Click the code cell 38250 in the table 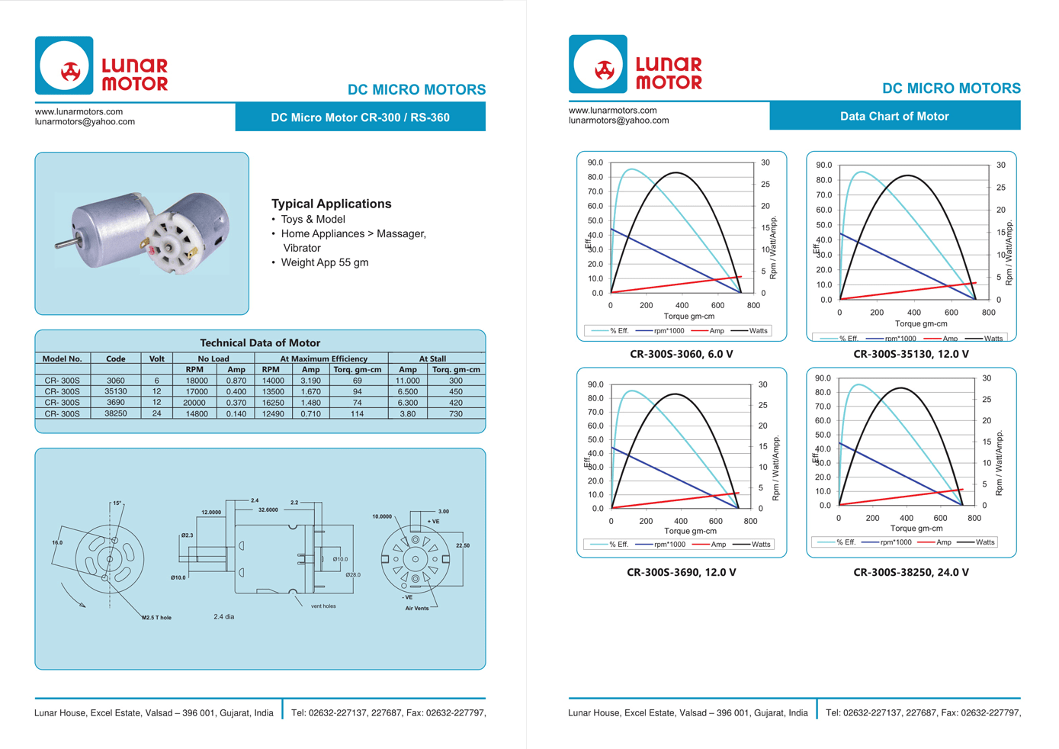pyautogui.click(x=115, y=413)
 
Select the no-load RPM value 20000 pyautogui.click(x=194, y=403)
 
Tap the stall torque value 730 pyautogui.click(x=455, y=413)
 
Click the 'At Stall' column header pyautogui.click(x=432, y=358)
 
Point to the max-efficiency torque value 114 pyautogui.click(x=357, y=413)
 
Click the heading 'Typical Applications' pyautogui.click(x=331, y=204)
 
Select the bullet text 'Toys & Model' pyautogui.click(x=313, y=220)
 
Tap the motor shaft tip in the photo pyautogui.click(x=58, y=245)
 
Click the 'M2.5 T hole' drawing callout pyautogui.click(x=156, y=618)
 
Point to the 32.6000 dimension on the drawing pyautogui.click(x=268, y=510)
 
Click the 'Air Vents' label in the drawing pyautogui.click(x=416, y=608)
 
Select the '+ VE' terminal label pyautogui.click(x=433, y=522)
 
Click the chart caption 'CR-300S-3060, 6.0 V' pyautogui.click(x=681, y=354)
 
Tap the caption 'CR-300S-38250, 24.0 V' pyautogui.click(x=910, y=572)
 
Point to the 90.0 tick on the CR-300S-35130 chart pyautogui.click(x=823, y=166)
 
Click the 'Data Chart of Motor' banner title pyautogui.click(x=894, y=117)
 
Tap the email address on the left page pyautogui.click(x=85, y=122)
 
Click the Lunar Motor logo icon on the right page pyautogui.click(x=598, y=65)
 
